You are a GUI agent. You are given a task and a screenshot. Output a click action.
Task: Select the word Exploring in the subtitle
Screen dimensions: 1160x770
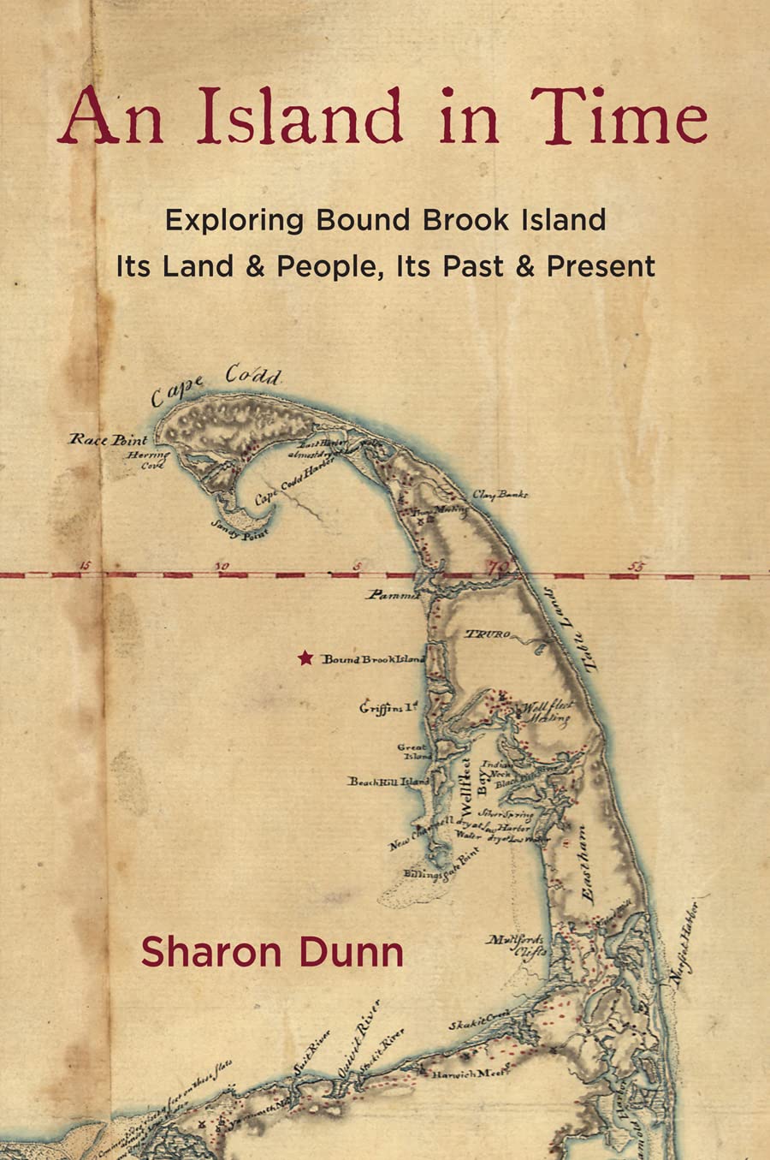click(x=234, y=220)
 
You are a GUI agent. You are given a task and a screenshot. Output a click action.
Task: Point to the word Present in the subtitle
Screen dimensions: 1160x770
click(x=601, y=266)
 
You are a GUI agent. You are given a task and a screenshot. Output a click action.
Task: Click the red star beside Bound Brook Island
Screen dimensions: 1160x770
click(x=305, y=657)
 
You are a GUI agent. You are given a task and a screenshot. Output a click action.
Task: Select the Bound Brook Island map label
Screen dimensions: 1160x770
click(x=373, y=659)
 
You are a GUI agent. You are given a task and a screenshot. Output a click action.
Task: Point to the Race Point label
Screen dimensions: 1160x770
click(x=108, y=440)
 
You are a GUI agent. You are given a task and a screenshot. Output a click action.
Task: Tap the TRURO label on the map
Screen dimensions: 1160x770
click(x=488, y=634)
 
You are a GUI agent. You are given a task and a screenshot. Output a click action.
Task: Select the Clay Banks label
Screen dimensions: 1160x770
click(x=500, y=494)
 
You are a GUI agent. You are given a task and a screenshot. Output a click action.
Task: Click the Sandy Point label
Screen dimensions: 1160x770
click(x=245, y=531)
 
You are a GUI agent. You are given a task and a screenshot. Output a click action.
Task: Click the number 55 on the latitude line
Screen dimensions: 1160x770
click(x=636, y=566)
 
